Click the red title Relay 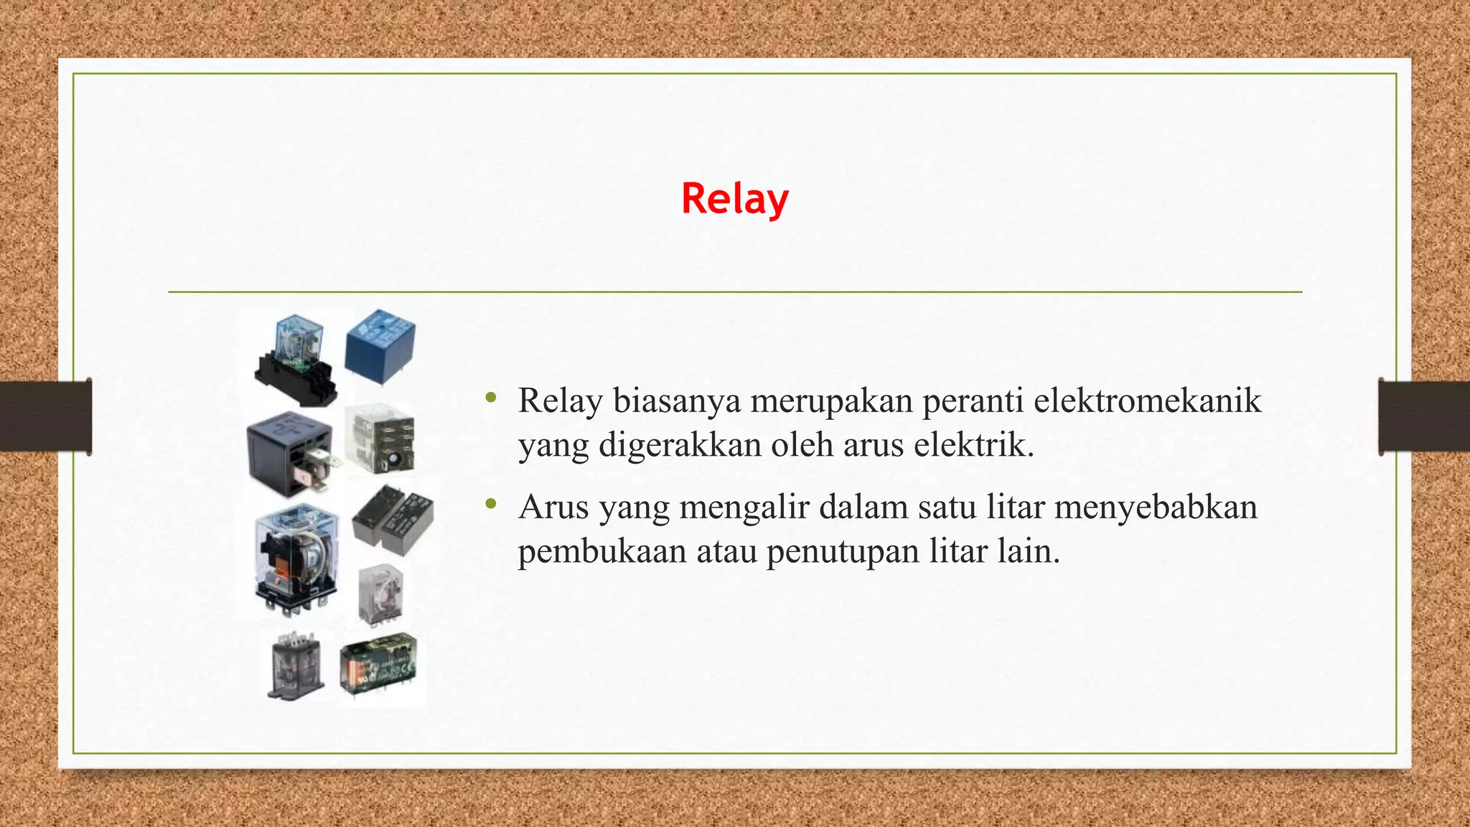pos(734,199)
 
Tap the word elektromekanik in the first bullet pos(1147,401)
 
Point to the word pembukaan pos(602,551)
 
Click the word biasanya pos(676,401)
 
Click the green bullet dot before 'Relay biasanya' pos(491,397)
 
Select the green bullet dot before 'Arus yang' pos(491,504)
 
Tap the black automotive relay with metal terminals pos(291,452)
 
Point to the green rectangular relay pos(378,665)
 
